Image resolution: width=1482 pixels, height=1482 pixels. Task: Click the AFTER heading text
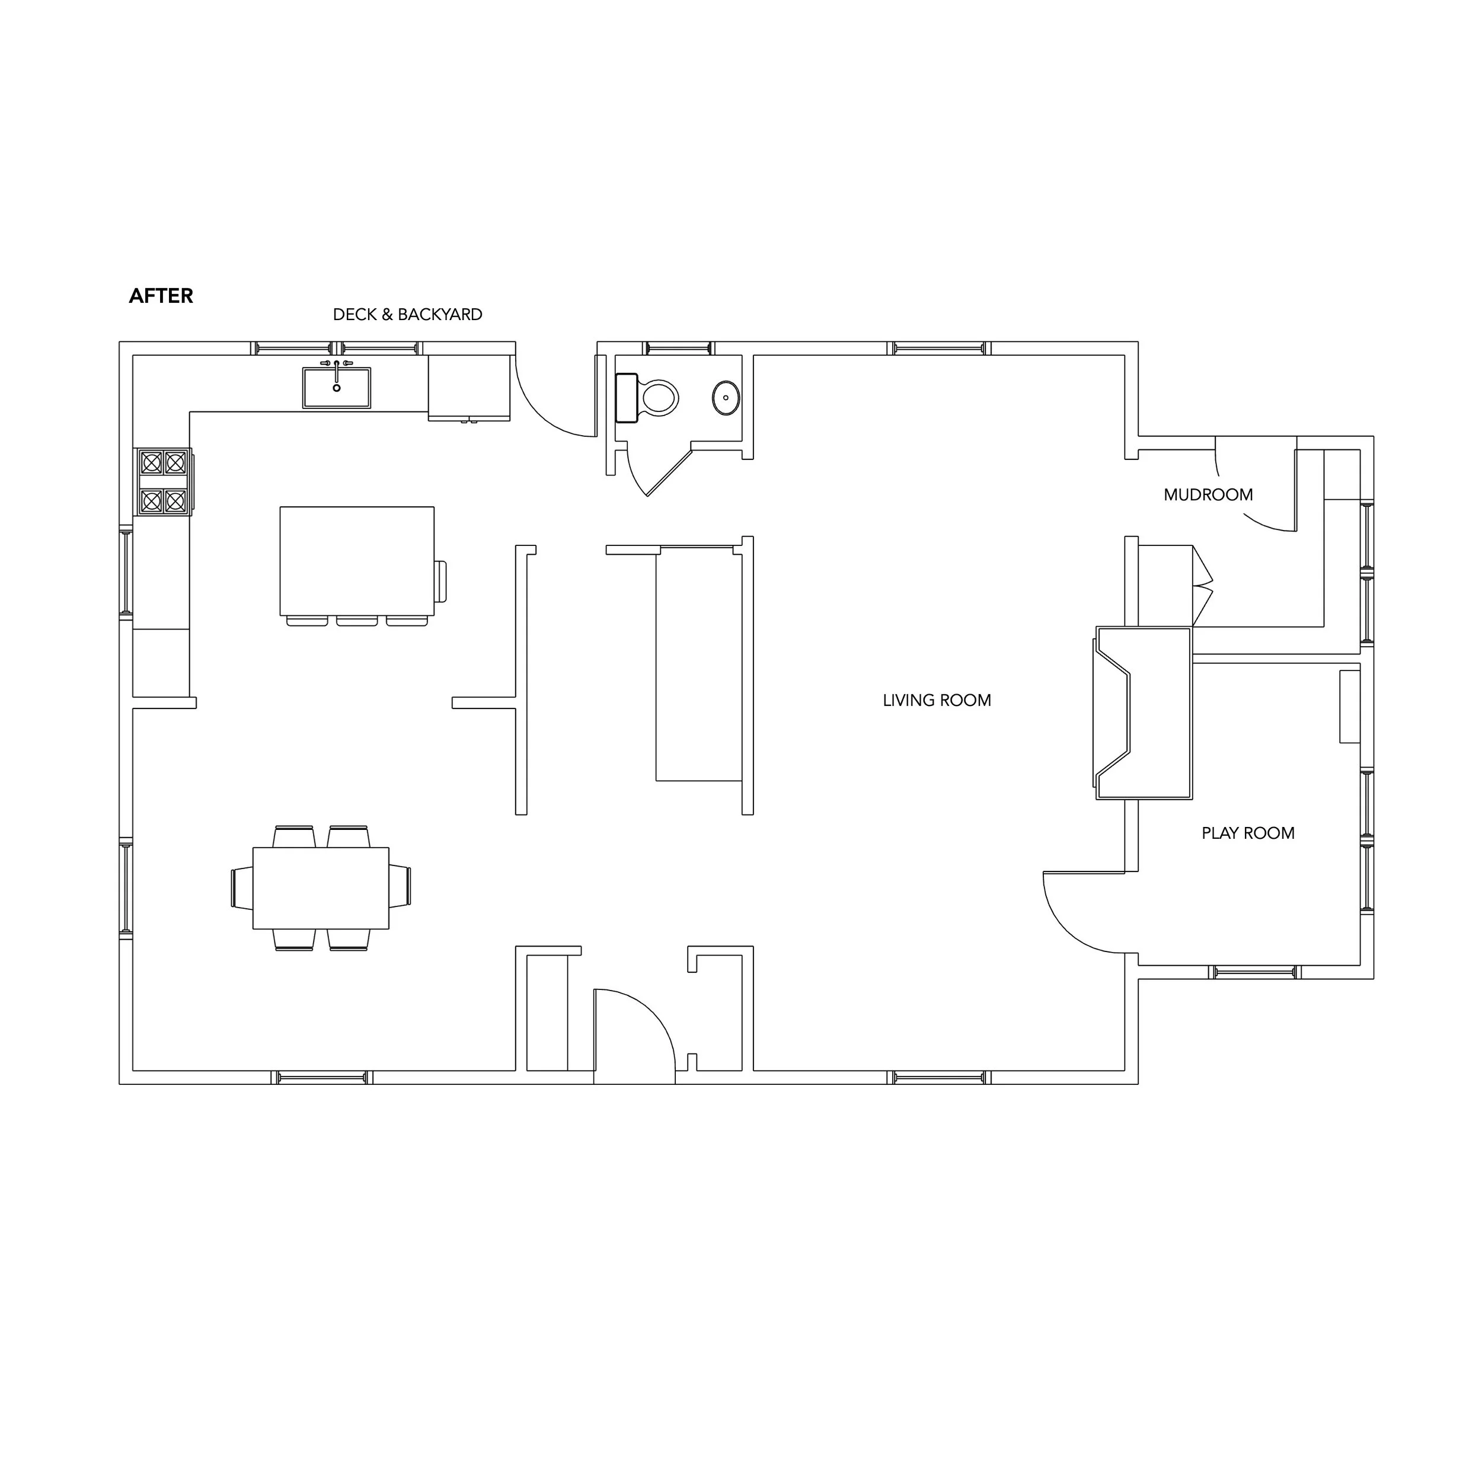pos(161,296)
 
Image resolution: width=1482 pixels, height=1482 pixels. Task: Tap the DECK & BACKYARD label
pos(407,315)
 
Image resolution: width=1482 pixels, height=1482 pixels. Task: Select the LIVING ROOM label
pos(937,700)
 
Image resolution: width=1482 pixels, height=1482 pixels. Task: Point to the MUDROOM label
pos(1208,495)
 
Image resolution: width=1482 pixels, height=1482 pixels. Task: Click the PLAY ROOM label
pos(1248,833)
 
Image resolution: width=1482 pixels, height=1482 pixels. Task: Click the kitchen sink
pos(337,387)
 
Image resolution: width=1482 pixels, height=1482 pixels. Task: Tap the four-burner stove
pos(164,482)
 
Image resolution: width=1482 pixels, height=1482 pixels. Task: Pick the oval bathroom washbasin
pos(726,397)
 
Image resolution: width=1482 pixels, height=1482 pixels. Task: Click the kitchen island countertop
pos(357,561)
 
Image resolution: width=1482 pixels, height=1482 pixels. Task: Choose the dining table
pos(321,888)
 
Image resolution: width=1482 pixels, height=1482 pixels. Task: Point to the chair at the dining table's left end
pos(242,888)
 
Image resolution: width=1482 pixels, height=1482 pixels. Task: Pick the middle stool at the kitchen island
pos(357,621)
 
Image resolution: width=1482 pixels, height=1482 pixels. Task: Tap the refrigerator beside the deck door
pos(469,387)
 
